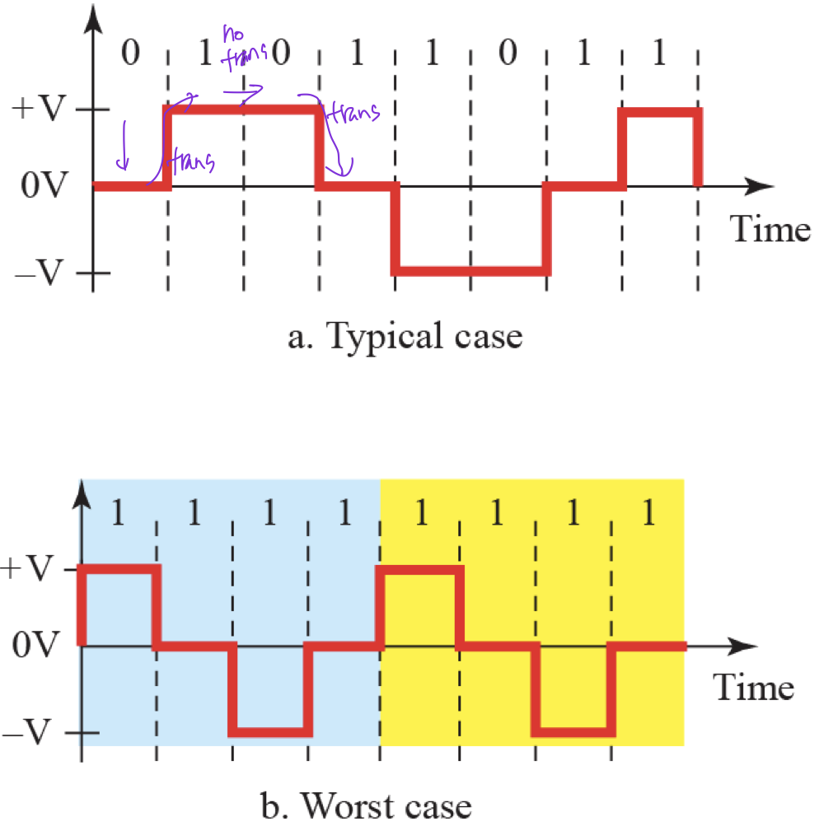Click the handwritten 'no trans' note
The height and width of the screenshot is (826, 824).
pyautogui.click(x=241, y=45)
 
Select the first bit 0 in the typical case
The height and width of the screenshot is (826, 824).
pyautogui.click(x=129, y=56)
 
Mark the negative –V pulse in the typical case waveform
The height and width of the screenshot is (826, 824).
pyautogui.click(x=470, y=269)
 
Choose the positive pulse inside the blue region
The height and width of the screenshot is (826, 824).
pyautogui.click(x=117, y=568)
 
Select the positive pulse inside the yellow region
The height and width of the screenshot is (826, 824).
pyautogui.click(x=419, y=568)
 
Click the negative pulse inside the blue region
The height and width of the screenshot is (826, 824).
pyautogui.click(x=270, y=731)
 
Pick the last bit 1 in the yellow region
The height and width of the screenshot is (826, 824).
pyautogui.click(x=648, y=516)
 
